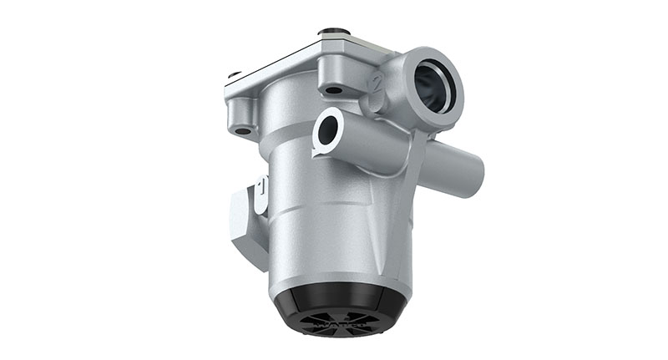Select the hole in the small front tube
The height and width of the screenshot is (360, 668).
pos(327,129)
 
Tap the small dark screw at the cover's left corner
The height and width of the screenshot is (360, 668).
pos(235,74)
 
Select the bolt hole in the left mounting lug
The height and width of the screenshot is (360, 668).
pos(243,130)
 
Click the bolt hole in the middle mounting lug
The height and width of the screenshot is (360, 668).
pos(333,89)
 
